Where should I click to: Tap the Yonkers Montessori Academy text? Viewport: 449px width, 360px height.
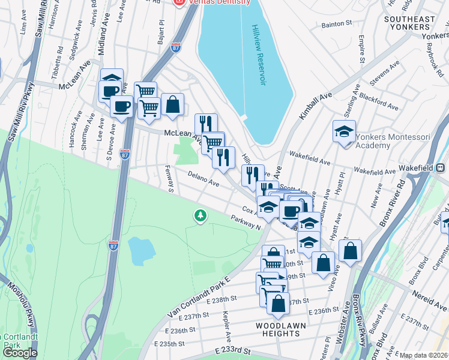393,141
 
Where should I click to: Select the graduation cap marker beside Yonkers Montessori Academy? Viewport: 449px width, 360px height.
345,132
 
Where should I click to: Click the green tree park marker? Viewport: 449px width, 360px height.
200,215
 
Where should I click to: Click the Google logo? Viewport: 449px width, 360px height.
19,353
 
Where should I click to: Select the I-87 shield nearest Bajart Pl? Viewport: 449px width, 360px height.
175,47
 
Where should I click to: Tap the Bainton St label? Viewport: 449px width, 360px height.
336,23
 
